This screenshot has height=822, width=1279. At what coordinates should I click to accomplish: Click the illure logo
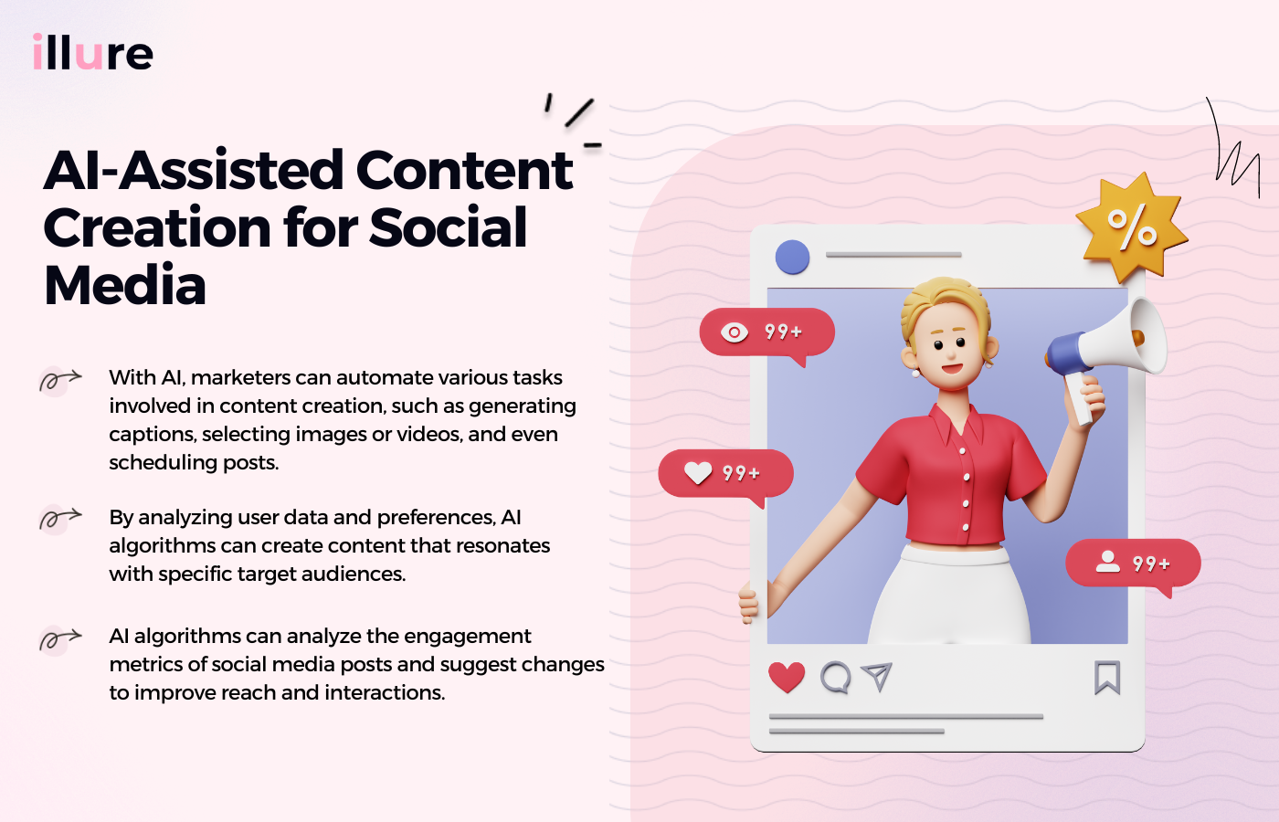[92, 53]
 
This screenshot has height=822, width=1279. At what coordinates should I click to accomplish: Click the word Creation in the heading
[156, 227]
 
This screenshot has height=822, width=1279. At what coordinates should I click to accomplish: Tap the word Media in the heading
[125, 285]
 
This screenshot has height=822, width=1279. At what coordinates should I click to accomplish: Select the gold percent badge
[1132, 227]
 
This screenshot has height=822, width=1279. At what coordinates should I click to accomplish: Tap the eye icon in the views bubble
[734, 332]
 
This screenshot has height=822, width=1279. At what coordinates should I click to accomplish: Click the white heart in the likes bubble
[698, 472]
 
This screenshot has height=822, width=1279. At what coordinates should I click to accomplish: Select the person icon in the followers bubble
[1107, 562]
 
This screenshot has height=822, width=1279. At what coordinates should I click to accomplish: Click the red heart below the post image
[787, 677]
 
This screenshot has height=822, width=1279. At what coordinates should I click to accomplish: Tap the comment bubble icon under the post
[835, 678]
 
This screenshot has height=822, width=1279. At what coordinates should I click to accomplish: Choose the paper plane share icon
[876, 676]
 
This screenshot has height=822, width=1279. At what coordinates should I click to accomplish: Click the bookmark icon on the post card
[1107, 678]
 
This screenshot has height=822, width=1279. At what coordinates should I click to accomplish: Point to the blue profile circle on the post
[792, 257]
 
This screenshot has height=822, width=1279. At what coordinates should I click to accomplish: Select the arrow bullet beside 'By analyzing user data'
[59, 519]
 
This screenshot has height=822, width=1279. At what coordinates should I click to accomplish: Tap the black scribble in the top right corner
[1235, 151]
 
